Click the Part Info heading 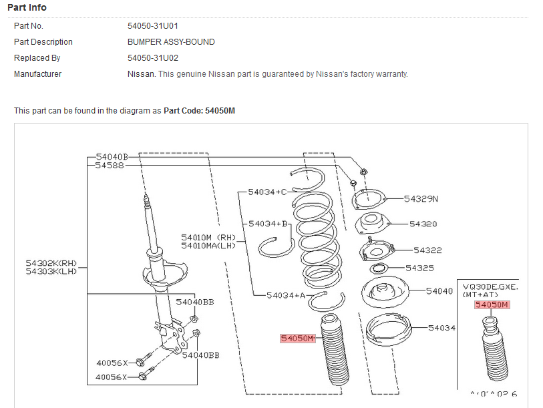[x=27, y=7]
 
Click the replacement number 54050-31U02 [x=153, y=58]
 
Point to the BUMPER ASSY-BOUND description [x=171, y=42]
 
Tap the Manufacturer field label [x=37, y=74]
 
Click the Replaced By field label [x=37, y=58]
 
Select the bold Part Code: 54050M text [x=199, y=110]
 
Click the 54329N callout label [x=420, y=199]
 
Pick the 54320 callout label [x=423, y=224]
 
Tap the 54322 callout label [x=427, y=250]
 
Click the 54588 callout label [x=110, y=165]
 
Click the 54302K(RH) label [x=52, y=263]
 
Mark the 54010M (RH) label [x=209, y=237]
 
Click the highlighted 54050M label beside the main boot [x=297, y=339]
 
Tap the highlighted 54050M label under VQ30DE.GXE [x=492, y=305]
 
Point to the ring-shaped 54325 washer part [x=378, y=270]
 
